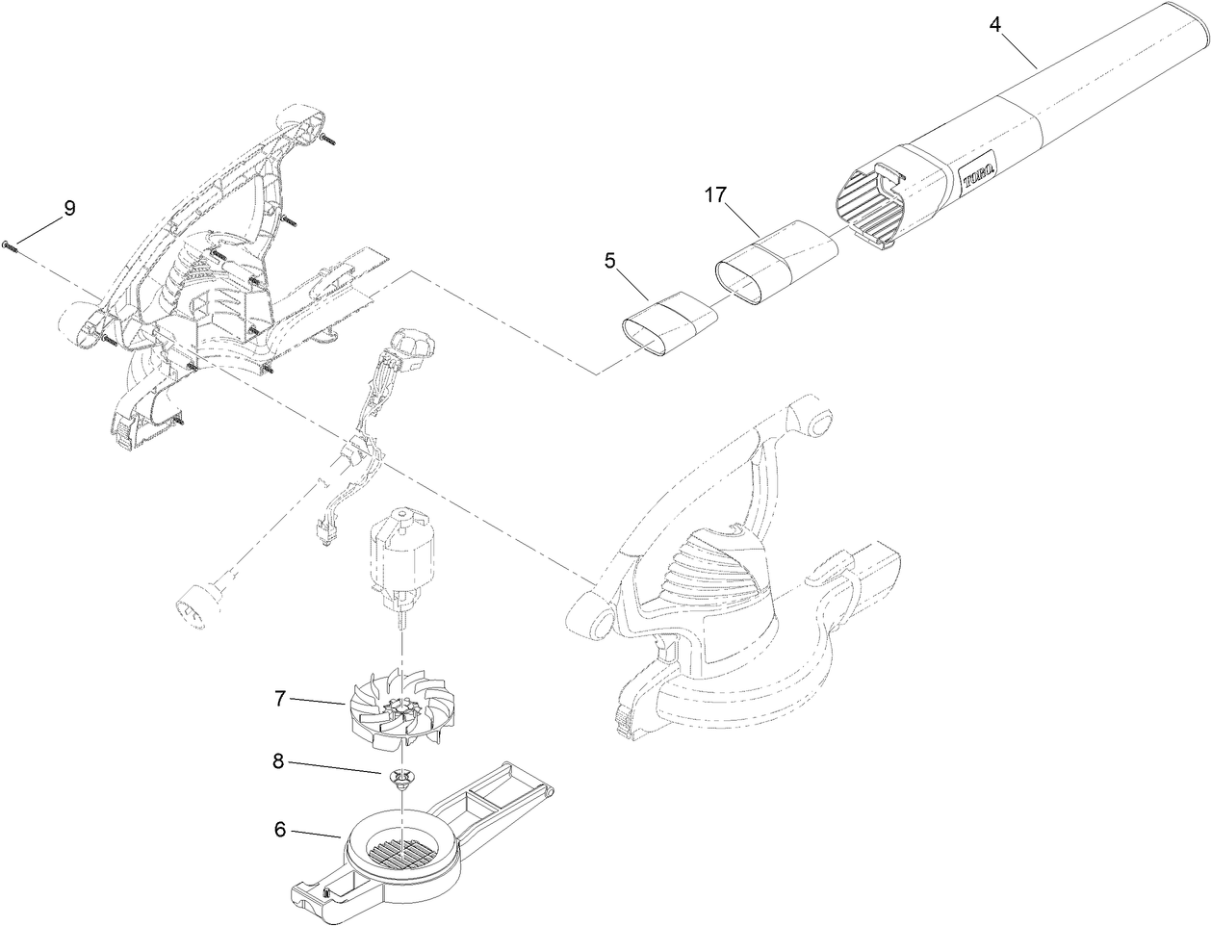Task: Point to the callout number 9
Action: pos(68,208)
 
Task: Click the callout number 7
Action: pos(280,698)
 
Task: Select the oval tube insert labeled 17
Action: pos(775,260)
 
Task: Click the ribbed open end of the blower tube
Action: pos(871,207)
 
